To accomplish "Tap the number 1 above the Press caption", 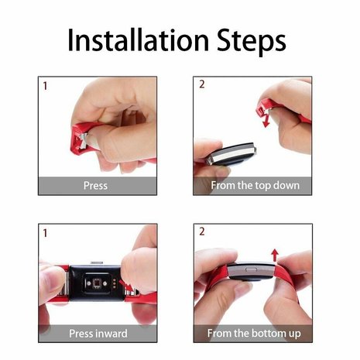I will click(x=45, y=85).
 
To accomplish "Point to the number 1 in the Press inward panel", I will click(x=45, y=232).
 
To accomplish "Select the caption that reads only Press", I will click(x=96, y=186).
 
